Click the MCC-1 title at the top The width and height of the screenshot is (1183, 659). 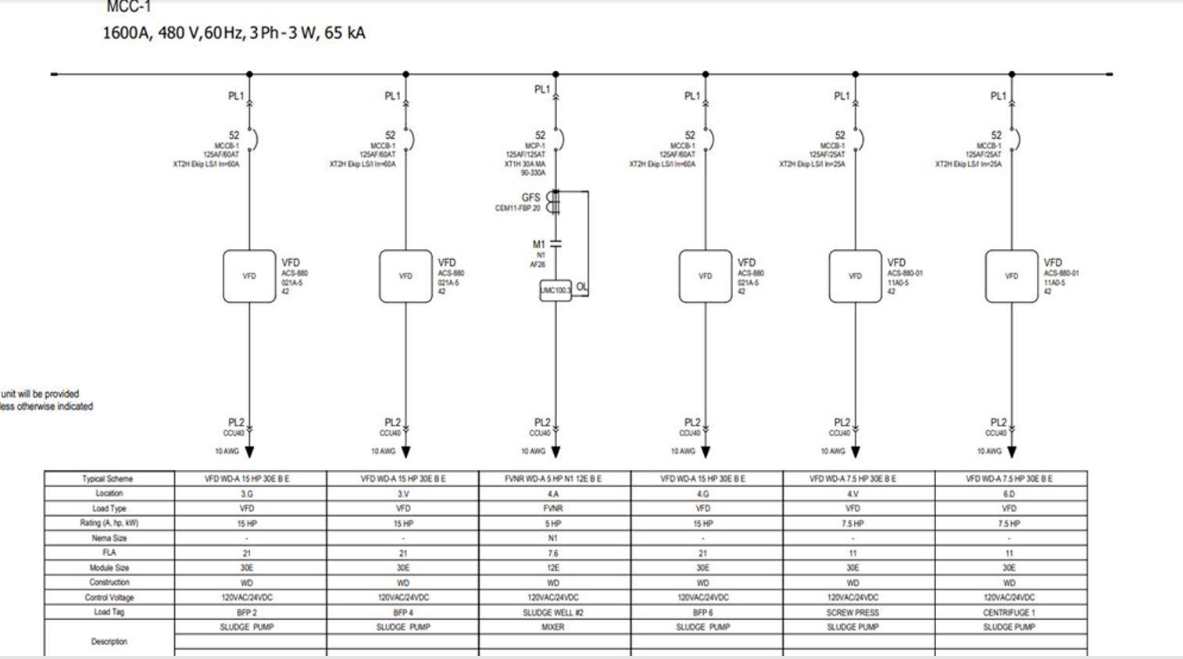[x=128, y=7]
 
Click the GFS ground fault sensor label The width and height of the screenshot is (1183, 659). [x=531, y=198]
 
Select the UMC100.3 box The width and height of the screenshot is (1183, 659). [x=556, y=290]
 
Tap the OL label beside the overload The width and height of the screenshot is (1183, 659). [x=582, y=287]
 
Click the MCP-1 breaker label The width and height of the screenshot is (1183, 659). [x=534, y=145]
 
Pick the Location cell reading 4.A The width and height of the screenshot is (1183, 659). [x=553, y=493]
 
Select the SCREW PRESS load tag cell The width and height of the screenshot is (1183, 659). [x=852, y=613]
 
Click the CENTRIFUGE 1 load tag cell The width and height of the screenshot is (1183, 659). [x=1009, y=613]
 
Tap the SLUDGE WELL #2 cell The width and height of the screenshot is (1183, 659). [x=553, y=613]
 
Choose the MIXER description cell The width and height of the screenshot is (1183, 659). [x=553, y=627]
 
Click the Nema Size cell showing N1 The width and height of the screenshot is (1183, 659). [x=553, y=538]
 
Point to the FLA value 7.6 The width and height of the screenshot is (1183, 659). [x=553, y=553]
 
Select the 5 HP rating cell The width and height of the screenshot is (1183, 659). [x=553, y=523]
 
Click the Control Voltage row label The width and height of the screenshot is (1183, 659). [x=109, y=597]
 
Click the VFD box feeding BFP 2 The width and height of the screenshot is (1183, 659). [x=249, y=276]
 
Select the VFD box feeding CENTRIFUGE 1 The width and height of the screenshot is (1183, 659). [x=1011, y=276]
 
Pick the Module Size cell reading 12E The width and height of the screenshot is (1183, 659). [x=553, y=568]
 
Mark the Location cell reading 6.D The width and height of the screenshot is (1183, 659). [x=1009, y=493]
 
